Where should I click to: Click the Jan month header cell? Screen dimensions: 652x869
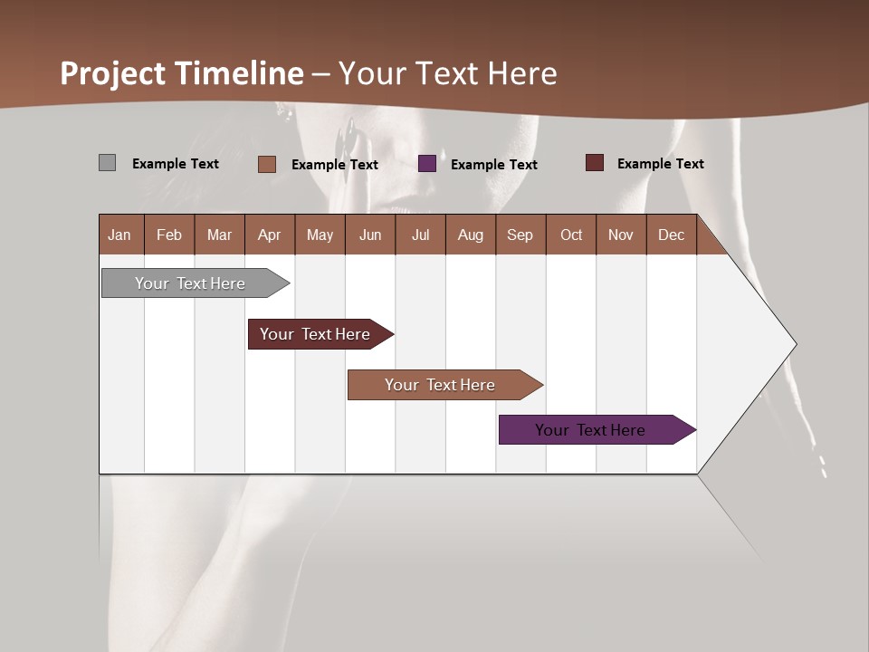[120, 235]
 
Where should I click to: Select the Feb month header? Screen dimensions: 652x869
[169, 235]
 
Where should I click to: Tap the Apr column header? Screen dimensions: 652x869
[270, 235]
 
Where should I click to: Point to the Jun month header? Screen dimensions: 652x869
[370, 235]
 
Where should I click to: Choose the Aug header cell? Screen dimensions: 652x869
[471, 235]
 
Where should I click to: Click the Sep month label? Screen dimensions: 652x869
[520, 235]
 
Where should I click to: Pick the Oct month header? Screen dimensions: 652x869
[571, 235]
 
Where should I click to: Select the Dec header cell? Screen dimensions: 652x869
[672, 235]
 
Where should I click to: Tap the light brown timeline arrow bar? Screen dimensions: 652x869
[441, 385]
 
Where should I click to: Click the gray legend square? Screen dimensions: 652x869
[107, 163]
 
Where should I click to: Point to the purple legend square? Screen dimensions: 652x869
[427, 164]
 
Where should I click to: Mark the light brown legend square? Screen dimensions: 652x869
[267, 164]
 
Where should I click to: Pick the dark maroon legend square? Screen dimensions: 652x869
[594, 163]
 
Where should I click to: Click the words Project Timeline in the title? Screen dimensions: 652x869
[182, 73]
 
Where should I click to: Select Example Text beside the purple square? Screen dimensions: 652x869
[493, 165]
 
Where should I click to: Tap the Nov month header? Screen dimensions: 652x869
[621, 235]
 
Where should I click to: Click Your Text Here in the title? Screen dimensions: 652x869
[448, 73]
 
